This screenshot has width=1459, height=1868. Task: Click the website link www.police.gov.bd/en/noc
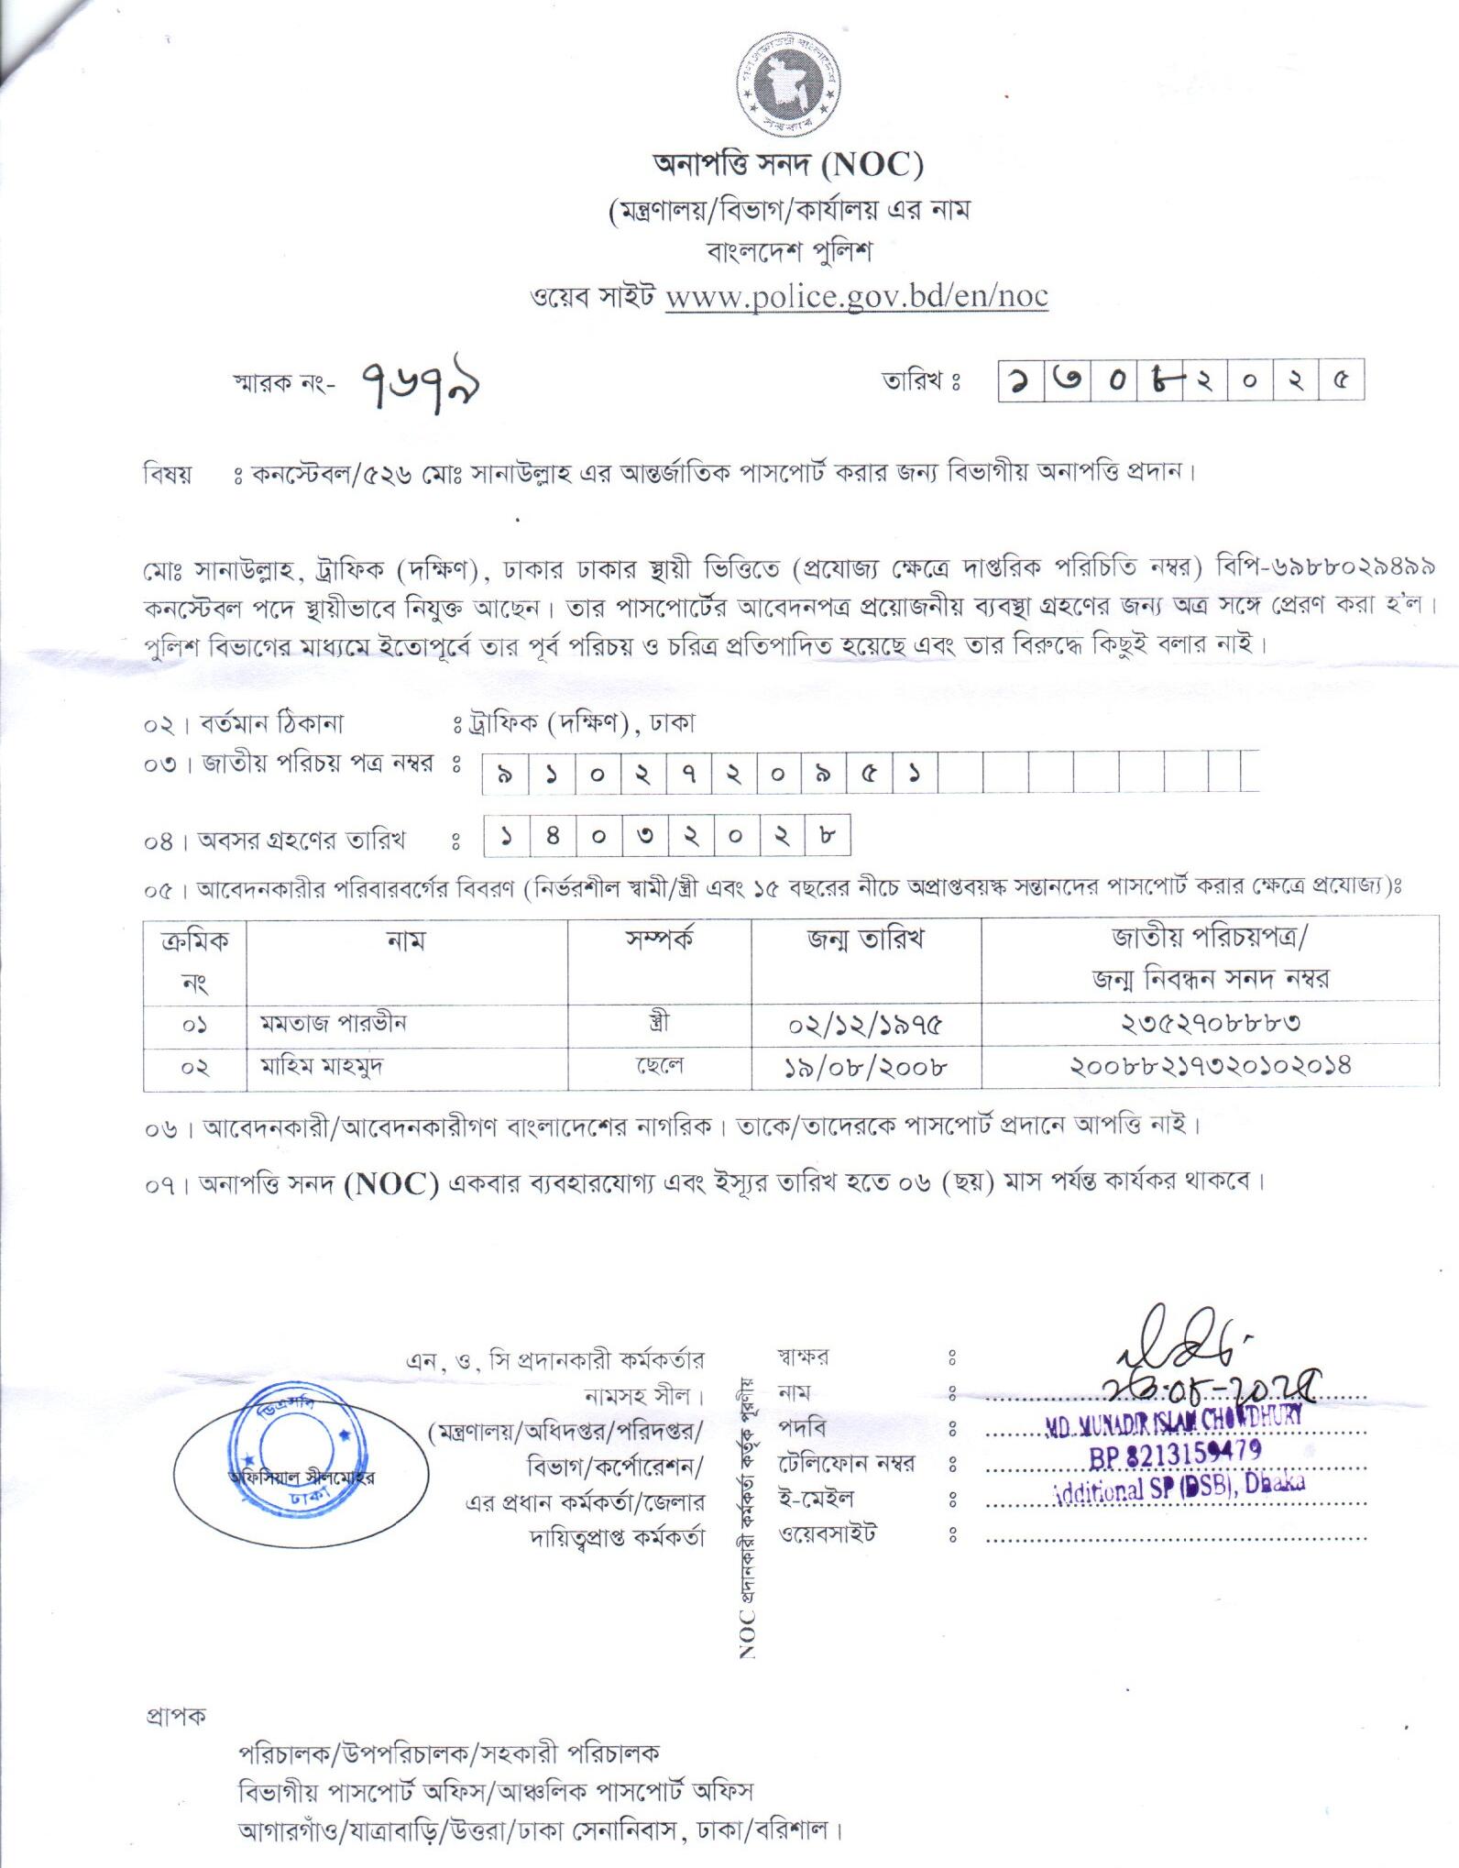point(856,298)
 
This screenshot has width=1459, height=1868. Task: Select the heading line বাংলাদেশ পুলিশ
point(788,251)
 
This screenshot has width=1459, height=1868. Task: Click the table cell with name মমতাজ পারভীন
point(333,1023)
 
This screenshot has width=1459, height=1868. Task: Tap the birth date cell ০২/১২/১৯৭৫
point(865,1024)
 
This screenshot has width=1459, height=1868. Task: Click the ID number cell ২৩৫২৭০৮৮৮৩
point(1210,1023)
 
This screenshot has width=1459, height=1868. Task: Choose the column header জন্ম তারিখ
point(865,939)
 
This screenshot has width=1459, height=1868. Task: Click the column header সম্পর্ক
point(659,939)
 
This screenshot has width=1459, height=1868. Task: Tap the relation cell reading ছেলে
point(659,1067)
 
